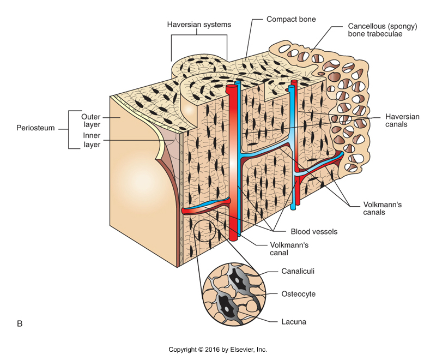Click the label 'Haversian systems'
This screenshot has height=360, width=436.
(199, 25)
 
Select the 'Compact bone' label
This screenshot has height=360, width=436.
(291, 19)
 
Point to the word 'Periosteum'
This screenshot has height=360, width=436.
(36, 131)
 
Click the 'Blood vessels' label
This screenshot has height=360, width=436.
(314, 232)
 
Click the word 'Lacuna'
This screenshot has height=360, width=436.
(294, 322)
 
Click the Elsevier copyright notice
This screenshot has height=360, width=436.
(218, 350)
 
